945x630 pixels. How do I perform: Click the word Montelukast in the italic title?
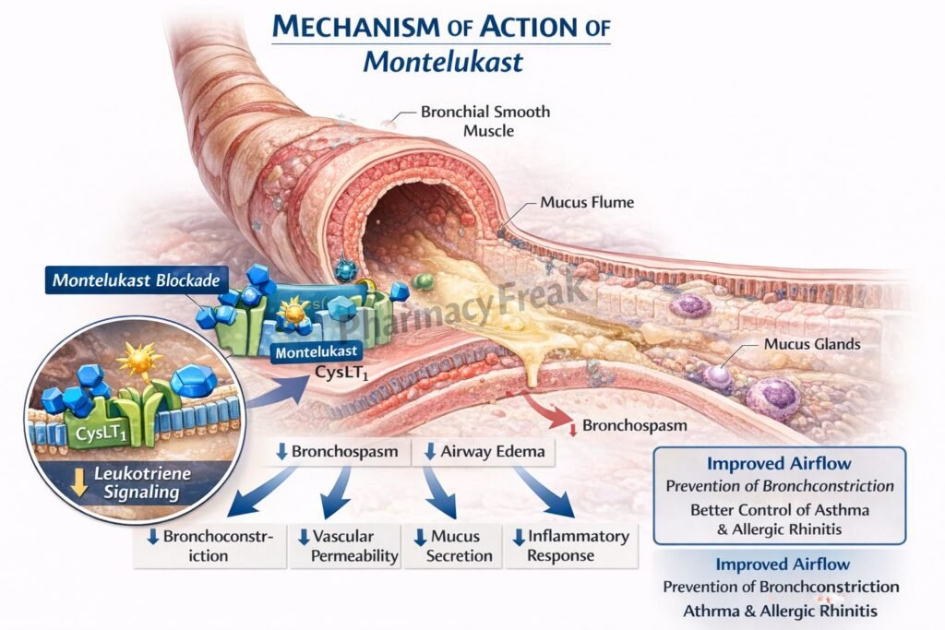442,61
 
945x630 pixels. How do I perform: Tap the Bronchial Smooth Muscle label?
485,121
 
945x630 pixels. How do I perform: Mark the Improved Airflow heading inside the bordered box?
779,464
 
